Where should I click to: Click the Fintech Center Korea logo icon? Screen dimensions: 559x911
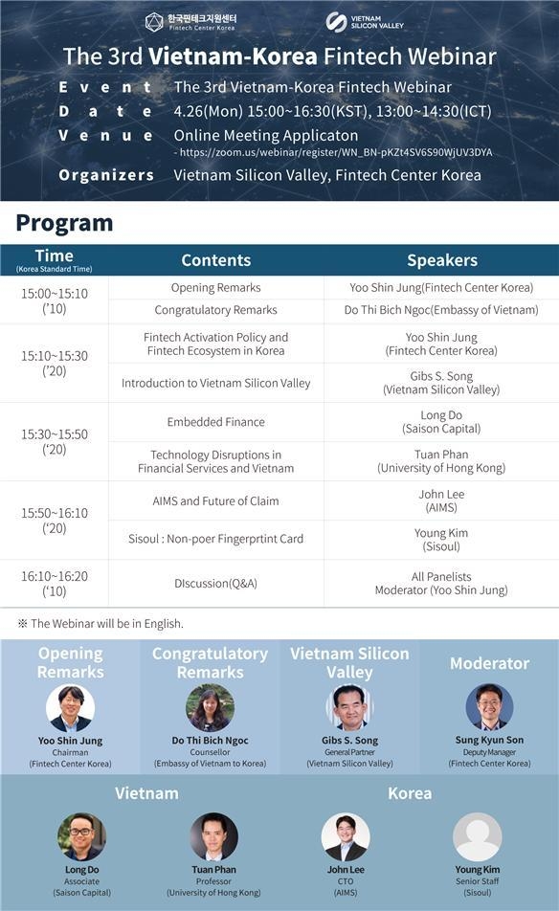click(154, 22)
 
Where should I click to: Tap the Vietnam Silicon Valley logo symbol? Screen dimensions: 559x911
click(336, 22)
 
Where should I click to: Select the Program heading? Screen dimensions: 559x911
click(64, 223)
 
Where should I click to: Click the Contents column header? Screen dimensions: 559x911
click(216, 260)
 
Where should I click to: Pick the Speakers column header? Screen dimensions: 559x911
click(442, 260)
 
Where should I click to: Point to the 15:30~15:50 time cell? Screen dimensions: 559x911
click(55, 441)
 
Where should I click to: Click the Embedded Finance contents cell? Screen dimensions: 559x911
click(216, 422)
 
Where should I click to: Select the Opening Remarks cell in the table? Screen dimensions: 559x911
click(216, 288)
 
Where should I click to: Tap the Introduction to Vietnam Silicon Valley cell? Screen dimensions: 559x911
click(216, 383)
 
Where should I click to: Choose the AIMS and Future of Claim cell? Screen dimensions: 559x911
click(216, 500)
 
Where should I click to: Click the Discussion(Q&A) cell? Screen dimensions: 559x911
click(216, 584)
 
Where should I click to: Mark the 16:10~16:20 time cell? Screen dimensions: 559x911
click(55, 584)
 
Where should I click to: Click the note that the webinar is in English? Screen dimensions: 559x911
click(101, 623)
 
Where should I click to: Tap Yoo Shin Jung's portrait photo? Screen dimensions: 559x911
click(70, 708)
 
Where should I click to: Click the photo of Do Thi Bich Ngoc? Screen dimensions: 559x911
click(211, 708)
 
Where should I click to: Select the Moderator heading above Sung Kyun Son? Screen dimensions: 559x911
click(490, 663)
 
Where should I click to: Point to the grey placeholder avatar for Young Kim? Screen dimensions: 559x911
click(478, 836)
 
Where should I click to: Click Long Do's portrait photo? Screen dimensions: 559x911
click(82, 836)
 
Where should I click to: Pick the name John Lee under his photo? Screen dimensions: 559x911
click(346, 870)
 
